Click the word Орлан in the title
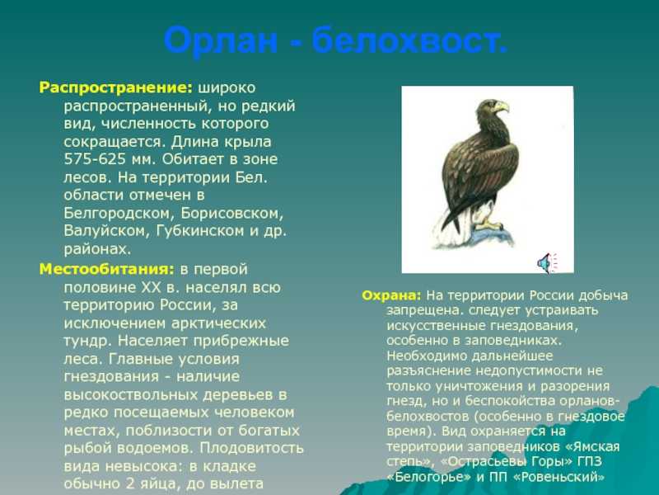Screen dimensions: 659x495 tap(221, 40)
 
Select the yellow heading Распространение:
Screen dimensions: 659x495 tap(116, 88)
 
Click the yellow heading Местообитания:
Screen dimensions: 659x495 tap(106, 269)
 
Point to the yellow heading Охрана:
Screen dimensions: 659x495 tap(391, 295)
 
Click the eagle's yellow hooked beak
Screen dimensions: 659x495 tap(502, 107)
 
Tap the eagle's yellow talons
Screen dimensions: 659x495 tap(488, 224)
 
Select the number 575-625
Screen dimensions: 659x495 tap(95, 159)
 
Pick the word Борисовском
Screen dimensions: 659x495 tap(232, 213)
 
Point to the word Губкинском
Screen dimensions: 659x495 tap(200, 231)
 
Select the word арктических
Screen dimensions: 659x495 tap(218, 323)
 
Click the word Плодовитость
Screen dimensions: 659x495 tap(251, 447)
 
